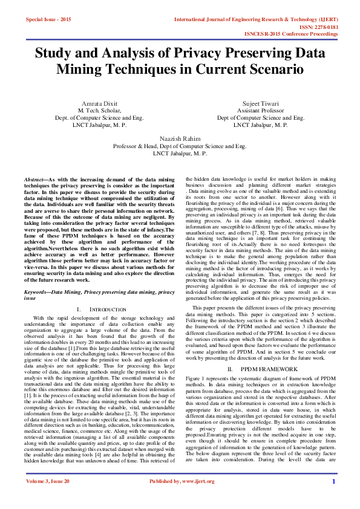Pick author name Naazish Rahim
pos(180,138)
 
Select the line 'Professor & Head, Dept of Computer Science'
pos(180,146)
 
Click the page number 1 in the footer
pos(333,498)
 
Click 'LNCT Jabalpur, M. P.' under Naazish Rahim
pos(180,154)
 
